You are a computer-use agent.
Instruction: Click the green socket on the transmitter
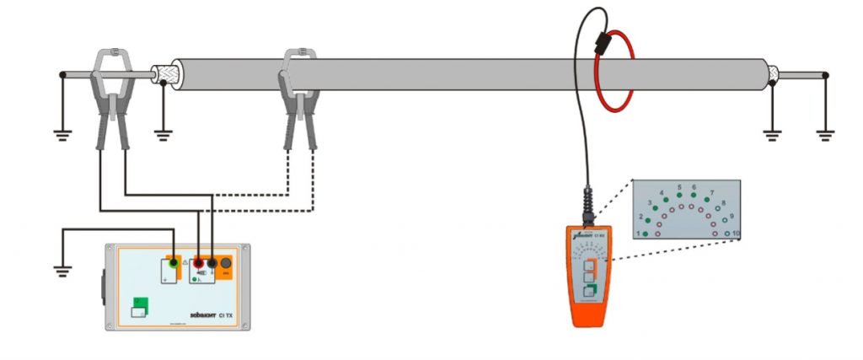174,262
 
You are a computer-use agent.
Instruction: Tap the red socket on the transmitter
199,262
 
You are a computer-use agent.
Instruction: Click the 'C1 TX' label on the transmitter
227,316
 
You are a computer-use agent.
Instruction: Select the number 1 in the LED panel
638,233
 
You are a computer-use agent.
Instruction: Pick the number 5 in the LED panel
678,186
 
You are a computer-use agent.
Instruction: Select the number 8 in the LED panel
722,203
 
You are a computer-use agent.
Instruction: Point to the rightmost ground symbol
825,131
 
